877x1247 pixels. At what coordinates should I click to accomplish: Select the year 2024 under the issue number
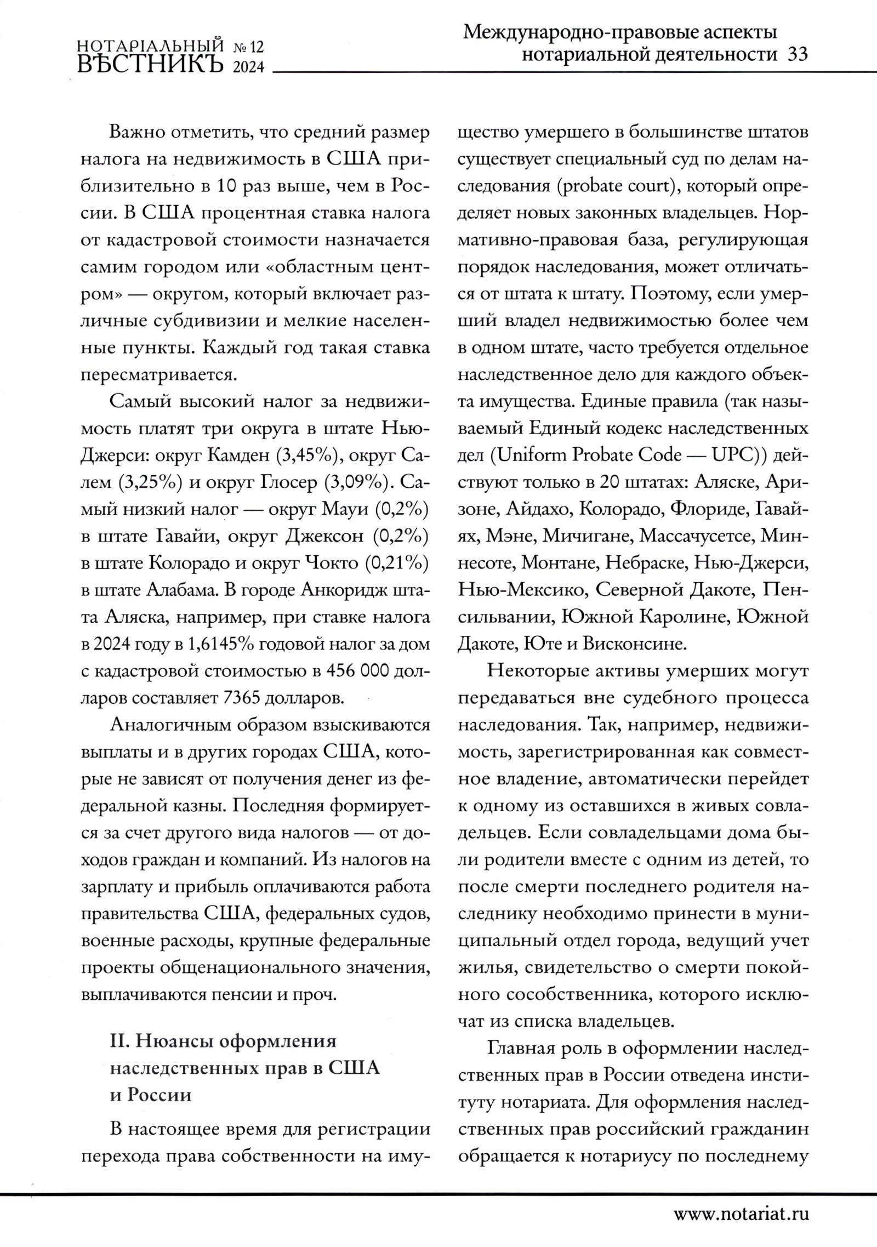coord(249,67)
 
